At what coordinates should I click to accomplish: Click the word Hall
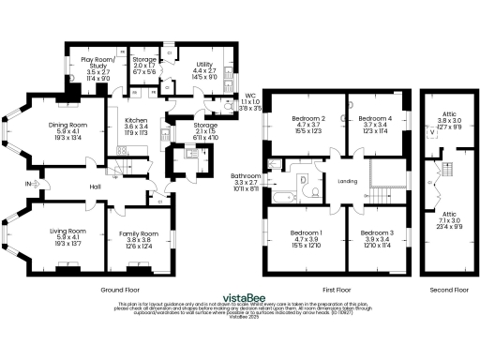(x=95, y=187)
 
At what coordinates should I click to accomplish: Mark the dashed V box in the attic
(x=431, y=132)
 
